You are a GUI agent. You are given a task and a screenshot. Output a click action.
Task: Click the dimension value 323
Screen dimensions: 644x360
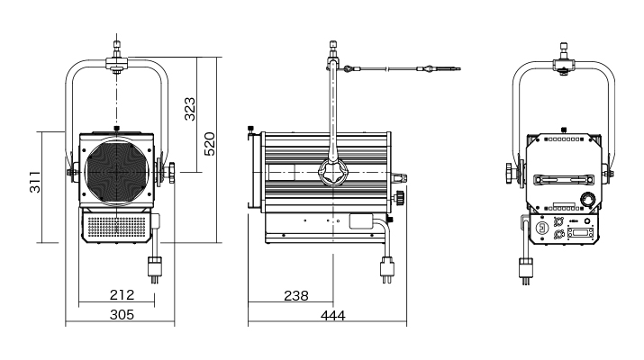click(190, 109)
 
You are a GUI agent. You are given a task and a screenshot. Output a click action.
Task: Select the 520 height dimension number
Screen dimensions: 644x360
click(210, 144)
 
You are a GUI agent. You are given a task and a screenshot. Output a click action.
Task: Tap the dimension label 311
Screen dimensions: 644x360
click(35, 182)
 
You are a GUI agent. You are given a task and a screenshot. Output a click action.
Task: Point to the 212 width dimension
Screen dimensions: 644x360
click(122, 294)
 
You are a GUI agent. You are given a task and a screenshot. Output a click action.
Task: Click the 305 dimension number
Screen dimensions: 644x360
click(122, 315)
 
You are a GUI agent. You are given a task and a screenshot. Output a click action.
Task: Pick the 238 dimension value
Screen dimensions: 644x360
click(296, 295)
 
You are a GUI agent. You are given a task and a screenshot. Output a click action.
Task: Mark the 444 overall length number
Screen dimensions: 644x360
click(333, 316)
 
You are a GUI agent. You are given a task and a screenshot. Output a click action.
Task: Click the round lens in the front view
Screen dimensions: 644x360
click(117, 172)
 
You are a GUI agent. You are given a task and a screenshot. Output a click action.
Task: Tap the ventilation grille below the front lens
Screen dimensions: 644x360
click(117, 227)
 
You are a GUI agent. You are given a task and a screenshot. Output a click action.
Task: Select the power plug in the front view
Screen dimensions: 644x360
click(155, 269)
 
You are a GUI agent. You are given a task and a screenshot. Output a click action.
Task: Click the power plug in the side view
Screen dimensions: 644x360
click(387, 269)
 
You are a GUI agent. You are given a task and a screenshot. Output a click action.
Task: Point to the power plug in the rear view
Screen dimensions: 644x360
click(526, 271)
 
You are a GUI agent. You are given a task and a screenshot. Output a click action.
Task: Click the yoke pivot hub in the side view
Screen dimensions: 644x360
click(333, 173)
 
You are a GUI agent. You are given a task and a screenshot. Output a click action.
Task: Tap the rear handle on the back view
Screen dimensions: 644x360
click(564, 180)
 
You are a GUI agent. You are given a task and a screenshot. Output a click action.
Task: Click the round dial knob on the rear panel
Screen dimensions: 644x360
click(587, 200)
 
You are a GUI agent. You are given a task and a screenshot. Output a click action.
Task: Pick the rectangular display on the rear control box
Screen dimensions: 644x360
click(580, 233)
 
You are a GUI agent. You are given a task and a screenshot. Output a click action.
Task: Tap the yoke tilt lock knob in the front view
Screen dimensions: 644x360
click(170, 173)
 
